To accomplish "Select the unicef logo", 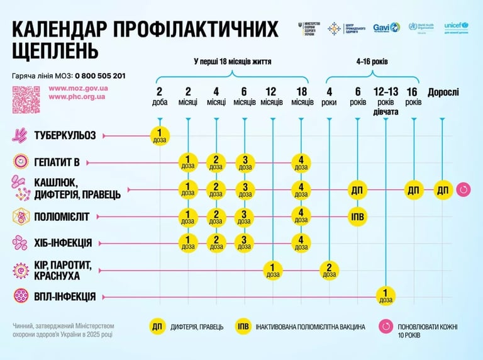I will pos(457,26).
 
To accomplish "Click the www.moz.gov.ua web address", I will pos(79,88).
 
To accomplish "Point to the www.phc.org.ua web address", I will pos(77,97).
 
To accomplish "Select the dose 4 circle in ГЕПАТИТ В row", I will pos(301,162).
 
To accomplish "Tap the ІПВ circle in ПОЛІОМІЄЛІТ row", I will pos(357,217).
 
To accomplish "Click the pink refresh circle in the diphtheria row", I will pos(464,189).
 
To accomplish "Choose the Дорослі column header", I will pos(443,93).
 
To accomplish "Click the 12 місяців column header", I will pos(272,96).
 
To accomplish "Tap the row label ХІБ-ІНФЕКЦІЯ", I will pos(64,242).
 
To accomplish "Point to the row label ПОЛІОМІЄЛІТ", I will pos(62,217).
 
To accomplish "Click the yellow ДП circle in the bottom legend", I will pos(157,326).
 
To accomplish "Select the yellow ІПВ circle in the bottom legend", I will pos(243,326).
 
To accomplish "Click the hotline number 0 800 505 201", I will pos(101,76).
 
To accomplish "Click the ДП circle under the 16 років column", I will pos(413,189).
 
